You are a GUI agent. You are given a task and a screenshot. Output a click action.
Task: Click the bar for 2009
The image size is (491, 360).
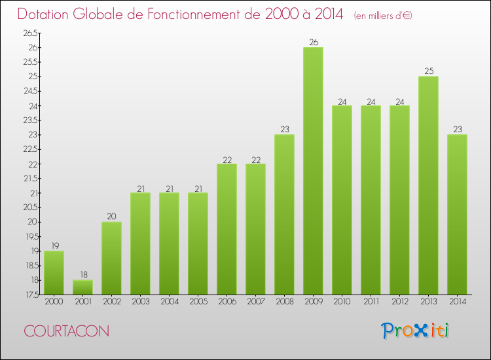[313, 171]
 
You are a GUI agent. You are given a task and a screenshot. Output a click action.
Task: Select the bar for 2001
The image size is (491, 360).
[82, 287]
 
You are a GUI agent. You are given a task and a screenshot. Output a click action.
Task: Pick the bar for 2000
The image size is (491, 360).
[54, 273]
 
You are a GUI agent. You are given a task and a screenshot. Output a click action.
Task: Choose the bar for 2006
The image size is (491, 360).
[227, 229]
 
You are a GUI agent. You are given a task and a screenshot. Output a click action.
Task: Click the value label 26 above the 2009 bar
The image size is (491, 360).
[313, 43]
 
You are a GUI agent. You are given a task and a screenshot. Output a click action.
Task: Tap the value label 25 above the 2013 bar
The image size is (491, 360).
[428, 71]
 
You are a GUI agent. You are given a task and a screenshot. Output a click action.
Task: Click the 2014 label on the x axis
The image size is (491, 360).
[457, 301]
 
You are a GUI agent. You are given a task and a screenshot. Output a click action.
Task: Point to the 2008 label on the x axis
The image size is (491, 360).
[284, 301]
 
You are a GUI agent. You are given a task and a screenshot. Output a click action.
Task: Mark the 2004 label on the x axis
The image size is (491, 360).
[169, 301]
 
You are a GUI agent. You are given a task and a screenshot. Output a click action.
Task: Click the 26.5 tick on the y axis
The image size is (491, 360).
[30, 33]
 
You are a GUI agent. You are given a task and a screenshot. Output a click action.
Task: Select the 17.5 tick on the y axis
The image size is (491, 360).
[30, 295]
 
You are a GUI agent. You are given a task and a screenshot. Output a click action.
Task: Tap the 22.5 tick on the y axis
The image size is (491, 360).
[30, 149]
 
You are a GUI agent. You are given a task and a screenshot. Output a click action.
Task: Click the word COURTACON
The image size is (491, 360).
[67, 332]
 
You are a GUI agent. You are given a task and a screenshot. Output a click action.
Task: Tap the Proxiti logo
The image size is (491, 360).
[416, 331]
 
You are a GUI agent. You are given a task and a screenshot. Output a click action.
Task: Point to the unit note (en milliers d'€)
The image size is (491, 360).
[383, 16]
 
